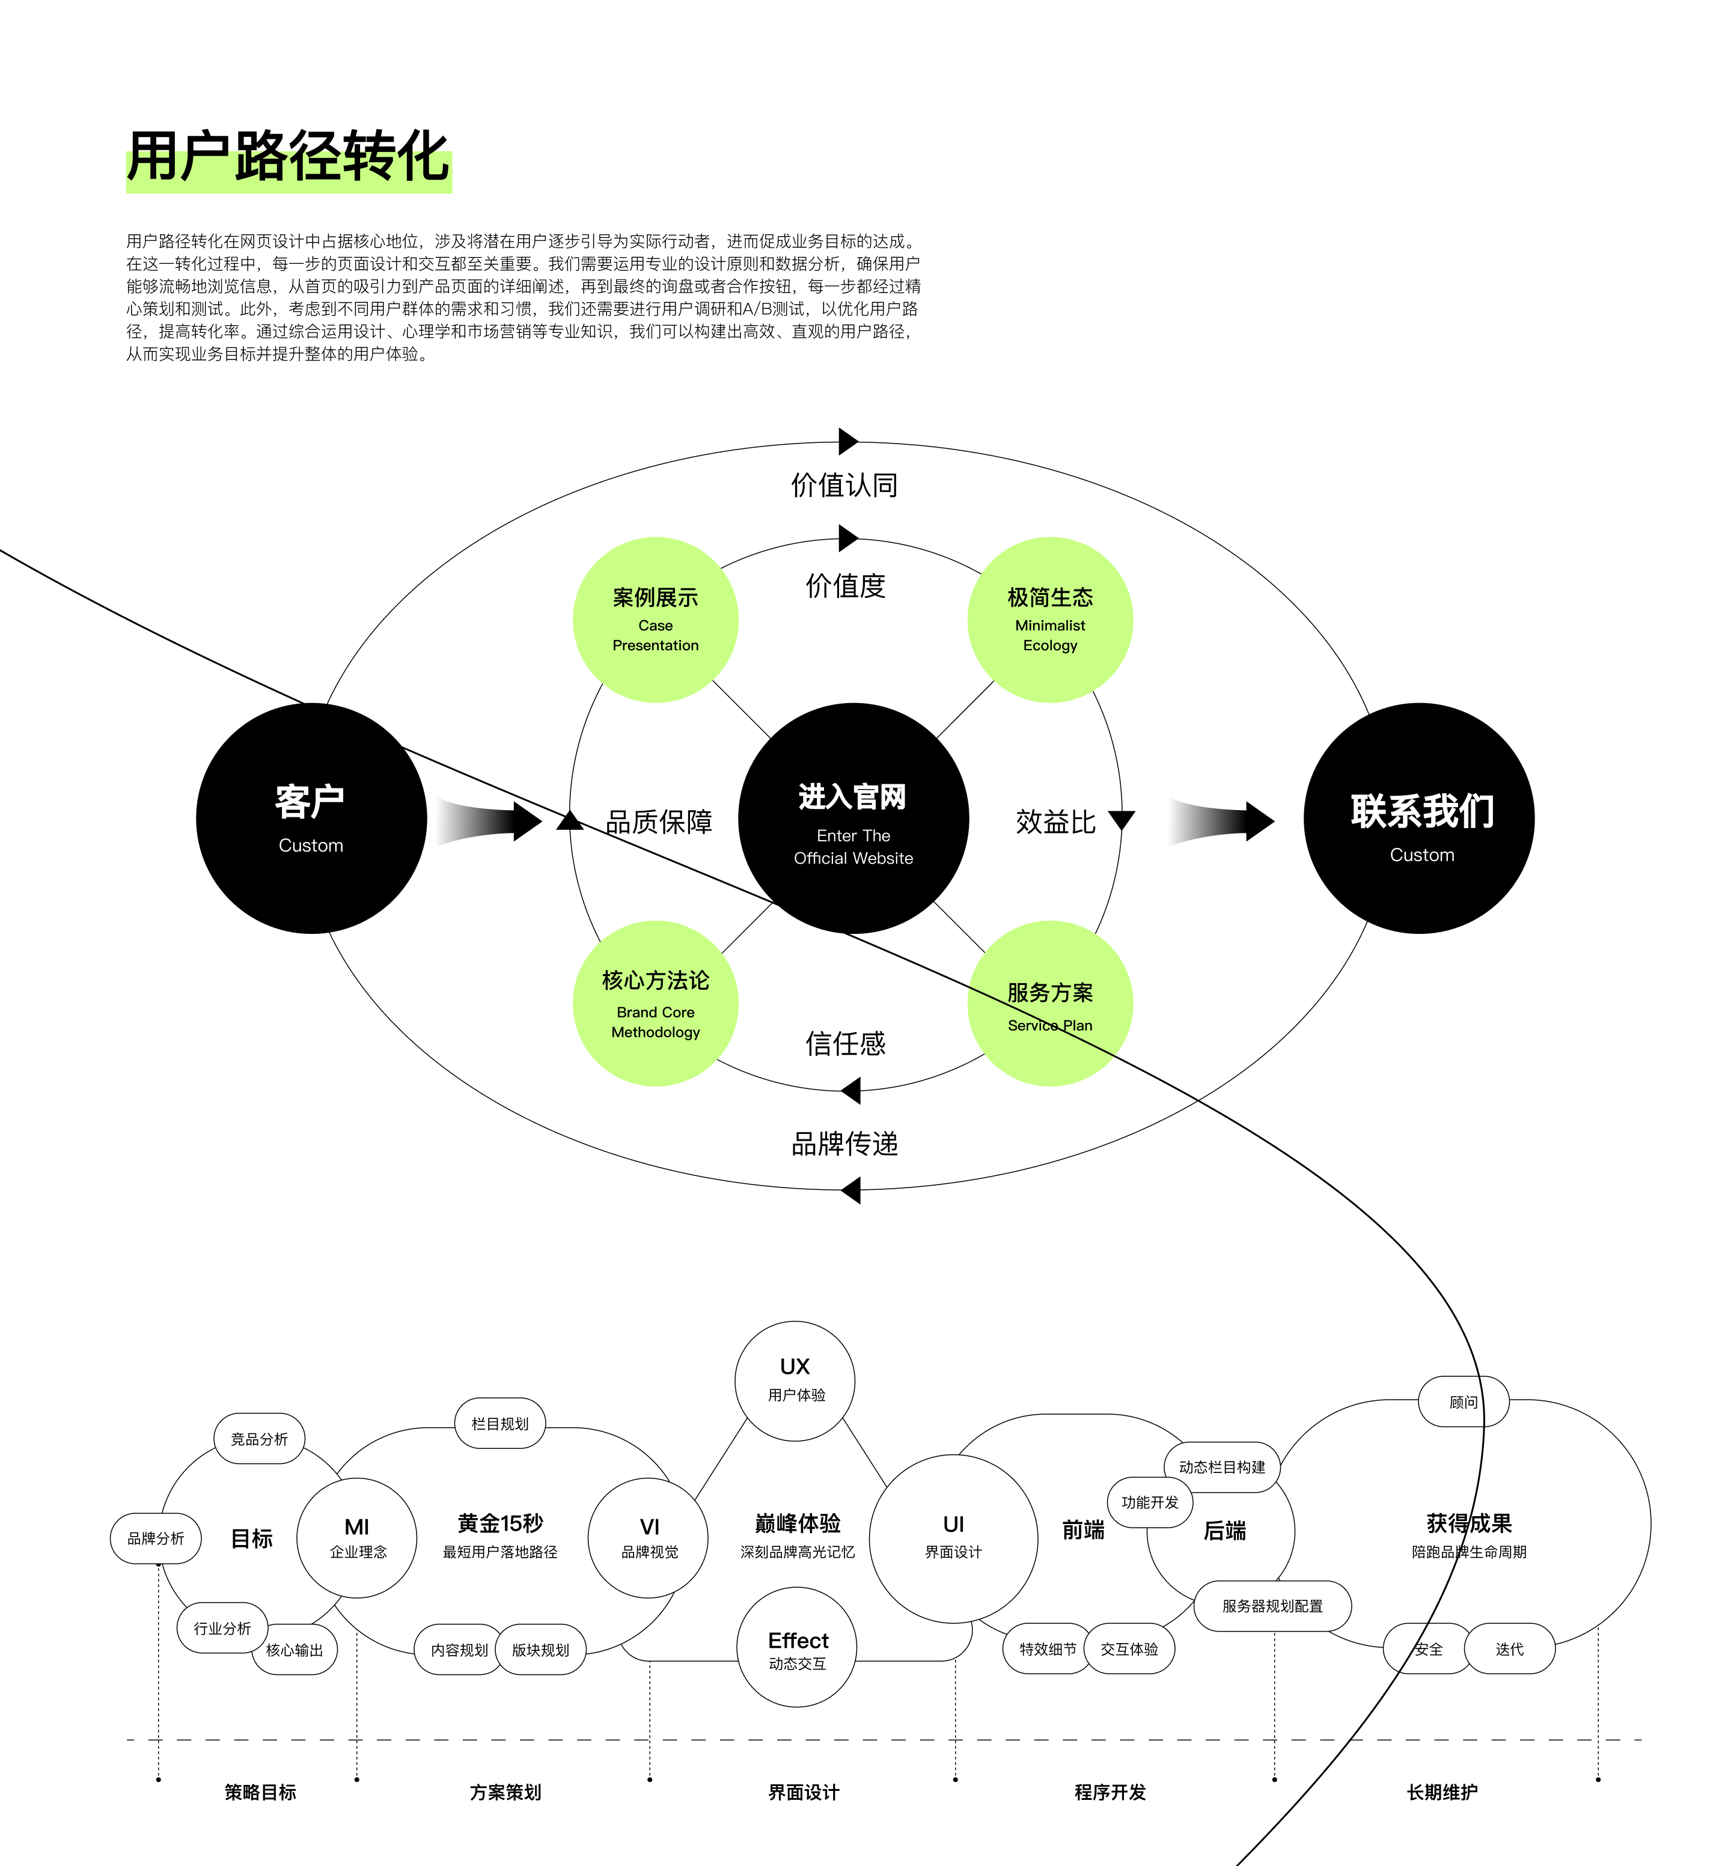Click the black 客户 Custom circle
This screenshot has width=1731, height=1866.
[311, 818]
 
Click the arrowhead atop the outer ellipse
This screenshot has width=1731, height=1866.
[847, 441]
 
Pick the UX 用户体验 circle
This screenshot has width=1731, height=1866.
[795, 1381]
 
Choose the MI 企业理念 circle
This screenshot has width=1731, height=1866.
[357, 1537]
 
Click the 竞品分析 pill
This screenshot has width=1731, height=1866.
[260, 1439]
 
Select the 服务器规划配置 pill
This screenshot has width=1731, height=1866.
[1272, 1606]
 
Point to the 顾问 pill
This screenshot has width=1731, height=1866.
[1463, 1401]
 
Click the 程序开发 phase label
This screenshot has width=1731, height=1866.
[1110, 1792]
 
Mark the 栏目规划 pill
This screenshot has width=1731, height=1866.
[500, 1424]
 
